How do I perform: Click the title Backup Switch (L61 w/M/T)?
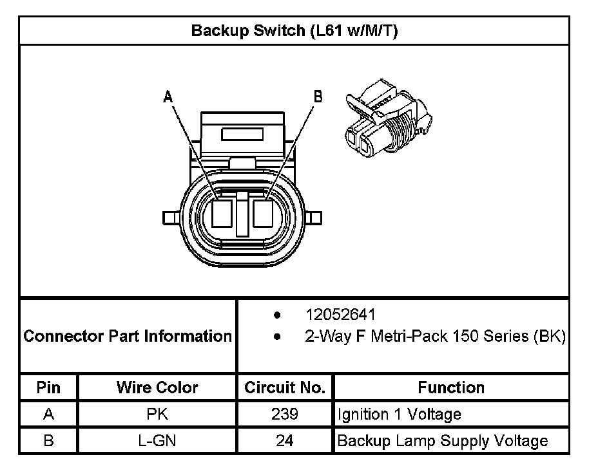coord(294,31)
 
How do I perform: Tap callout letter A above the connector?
coord(168,97)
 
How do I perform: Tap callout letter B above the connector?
coord(318,97)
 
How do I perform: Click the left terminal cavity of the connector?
coord(221,213)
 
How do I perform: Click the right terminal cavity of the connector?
coord(263,213)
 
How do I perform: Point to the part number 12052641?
coord(340,315)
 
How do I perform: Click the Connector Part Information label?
coord(128,336)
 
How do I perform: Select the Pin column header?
coord(48,387)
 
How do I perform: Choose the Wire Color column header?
coord(157,387)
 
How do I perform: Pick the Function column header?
coord(451,387)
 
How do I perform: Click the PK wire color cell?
coord(157,414)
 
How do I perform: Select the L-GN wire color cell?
coord(157,441)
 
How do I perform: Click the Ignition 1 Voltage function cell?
coord(399,414)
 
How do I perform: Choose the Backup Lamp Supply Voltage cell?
coord(443,441)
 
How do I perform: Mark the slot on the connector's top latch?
coord(242,135)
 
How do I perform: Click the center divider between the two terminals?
coord(242,213)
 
